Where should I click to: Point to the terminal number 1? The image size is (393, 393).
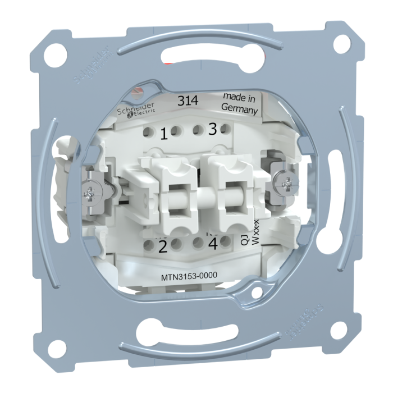tap(164, 134)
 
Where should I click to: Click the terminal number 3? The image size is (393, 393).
tap(212, 129)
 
